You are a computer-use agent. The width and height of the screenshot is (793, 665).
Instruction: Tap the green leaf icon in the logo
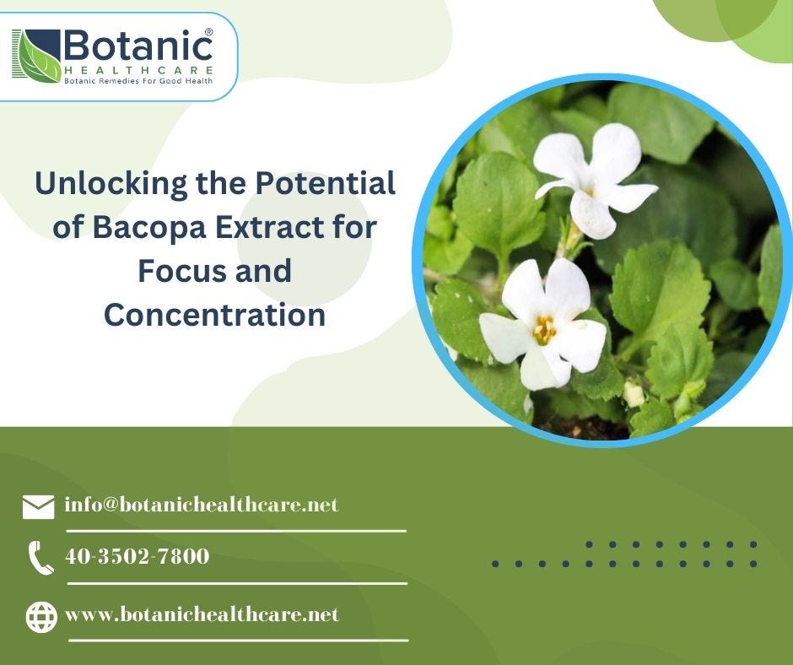(x=37, y=56)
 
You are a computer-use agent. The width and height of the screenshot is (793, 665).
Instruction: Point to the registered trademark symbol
(x=208, y=31)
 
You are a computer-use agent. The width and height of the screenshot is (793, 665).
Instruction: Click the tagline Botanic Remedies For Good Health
(x=138, y=81)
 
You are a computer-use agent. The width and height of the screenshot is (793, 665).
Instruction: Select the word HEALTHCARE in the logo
(x=138, y=69)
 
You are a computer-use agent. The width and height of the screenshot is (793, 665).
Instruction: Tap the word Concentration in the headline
(x=214, y=315)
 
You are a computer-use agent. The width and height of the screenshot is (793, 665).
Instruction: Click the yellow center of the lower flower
(x=544, y=329)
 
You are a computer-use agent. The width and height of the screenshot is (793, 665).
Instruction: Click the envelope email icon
(x=38, y=506)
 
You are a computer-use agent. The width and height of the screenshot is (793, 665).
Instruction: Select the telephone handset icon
(x=40, y=558)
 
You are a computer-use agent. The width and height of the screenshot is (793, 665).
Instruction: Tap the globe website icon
(x=40, y=617)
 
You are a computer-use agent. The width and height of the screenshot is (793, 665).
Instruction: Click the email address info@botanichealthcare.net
(x=201, y=505)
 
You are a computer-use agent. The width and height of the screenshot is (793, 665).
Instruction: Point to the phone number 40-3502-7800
(x=137, y=556)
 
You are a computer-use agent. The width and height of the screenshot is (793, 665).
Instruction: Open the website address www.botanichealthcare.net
(x=202, y=614)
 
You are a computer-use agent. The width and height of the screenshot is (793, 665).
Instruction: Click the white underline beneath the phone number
(x=236, y=582)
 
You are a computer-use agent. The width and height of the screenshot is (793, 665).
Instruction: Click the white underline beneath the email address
(x=236, y=531)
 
